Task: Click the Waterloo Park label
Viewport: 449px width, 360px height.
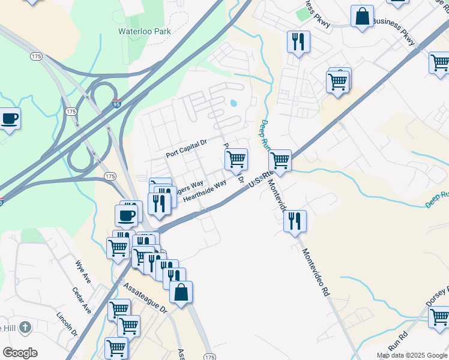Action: (145, 31)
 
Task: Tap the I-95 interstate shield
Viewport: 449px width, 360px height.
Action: (116, 104)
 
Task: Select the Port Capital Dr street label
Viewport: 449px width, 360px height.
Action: (186, 149)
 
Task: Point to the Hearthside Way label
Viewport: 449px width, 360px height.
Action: (205, 191)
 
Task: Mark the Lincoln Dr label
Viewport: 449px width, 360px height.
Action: (68, 325)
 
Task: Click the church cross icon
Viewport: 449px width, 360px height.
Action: (24, 328)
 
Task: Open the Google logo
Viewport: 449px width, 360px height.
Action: (20, 353)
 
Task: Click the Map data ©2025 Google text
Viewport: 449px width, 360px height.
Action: (412, 355)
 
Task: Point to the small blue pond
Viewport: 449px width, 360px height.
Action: (233, 103)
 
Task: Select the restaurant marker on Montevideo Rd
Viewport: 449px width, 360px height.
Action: (295, 221)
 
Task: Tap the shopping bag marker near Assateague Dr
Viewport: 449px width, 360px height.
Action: (181, 293)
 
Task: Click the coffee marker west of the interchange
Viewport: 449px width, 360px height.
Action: (9, 118)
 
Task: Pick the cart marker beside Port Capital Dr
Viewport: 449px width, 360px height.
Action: (237, 159)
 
